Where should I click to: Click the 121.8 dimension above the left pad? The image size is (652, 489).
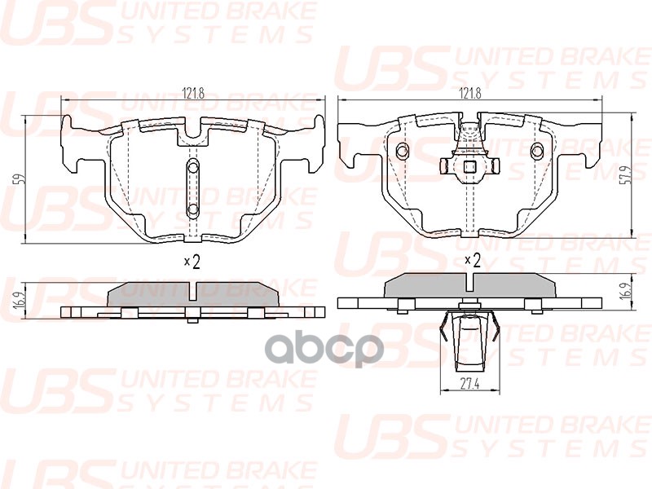193,94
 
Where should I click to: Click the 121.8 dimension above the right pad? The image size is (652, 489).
470,94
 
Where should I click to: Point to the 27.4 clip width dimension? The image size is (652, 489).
470,384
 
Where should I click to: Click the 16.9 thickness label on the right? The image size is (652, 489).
638,288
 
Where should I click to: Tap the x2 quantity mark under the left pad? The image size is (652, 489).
192,262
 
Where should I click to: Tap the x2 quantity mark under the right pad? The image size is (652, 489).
473,261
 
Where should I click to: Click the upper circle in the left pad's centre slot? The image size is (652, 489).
193,168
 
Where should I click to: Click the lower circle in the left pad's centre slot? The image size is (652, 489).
193,209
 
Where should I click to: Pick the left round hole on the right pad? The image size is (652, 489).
403,151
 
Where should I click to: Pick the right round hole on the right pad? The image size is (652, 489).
537,151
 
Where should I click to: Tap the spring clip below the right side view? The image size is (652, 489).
470,340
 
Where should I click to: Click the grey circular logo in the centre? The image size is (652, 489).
324,350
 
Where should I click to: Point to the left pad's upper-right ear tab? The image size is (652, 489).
318,125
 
